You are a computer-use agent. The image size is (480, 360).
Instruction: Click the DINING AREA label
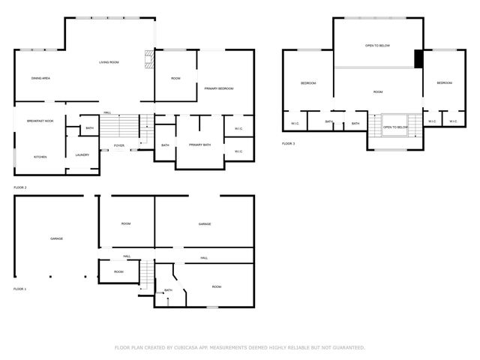coord(40,79)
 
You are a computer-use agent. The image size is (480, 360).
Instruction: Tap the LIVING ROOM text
coord(109,62)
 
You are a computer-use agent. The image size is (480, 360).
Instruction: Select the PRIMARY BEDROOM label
coord(219,88)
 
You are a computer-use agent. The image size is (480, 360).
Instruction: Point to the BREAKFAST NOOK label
coord(40,121)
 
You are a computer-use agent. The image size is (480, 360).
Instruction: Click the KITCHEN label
coord(40,157)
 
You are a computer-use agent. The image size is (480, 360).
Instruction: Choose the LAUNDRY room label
coord(82,155)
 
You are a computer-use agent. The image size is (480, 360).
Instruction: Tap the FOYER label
coord(120,145)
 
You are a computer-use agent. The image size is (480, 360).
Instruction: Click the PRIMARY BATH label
coord(201,145)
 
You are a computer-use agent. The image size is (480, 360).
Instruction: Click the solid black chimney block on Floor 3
coord(418,58)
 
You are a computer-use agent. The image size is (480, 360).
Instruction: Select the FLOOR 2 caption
coord(20,187)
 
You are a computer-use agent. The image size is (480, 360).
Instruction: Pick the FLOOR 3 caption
coord(289,143)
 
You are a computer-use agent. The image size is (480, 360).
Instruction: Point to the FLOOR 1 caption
coord(20,289)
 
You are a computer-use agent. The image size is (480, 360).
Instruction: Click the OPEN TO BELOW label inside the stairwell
coord(394,127)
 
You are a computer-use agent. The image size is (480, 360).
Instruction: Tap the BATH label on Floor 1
coord(168,290)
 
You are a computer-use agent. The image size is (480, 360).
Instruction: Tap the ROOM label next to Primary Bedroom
coord(175,79)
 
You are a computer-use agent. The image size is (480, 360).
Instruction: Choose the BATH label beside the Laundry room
coord(89,128)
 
